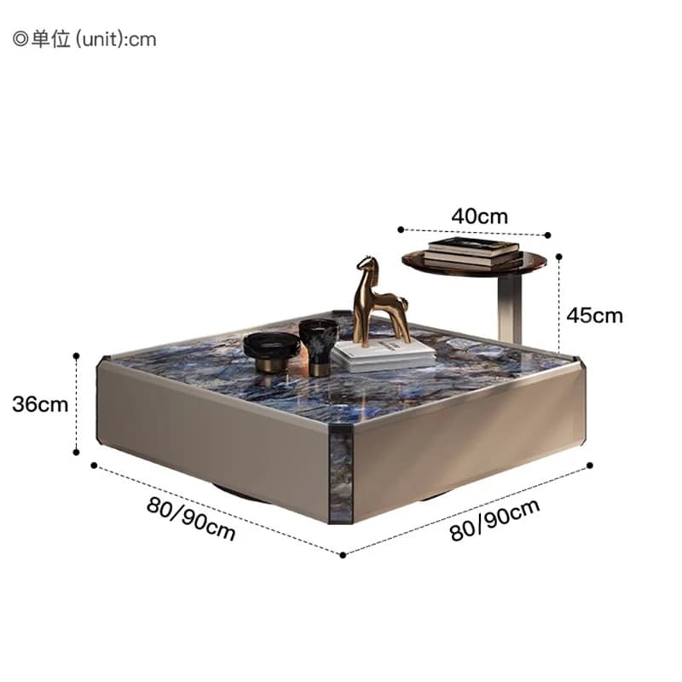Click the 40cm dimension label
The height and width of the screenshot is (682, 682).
[x=479, y=217]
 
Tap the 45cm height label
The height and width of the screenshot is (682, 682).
[x=594, y=315]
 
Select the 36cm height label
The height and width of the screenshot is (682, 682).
[x=40, y=404]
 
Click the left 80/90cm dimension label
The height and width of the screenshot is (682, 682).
[x=191, y=518]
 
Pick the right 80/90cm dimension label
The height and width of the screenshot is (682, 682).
[x=494, y=520]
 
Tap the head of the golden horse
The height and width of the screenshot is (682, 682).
[x=367, y=264]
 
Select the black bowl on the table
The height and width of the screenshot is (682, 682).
[x=272, y=351]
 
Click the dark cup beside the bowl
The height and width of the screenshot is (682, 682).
[x=319, y=347]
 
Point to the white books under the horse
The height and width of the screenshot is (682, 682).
[x=383, y=355]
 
